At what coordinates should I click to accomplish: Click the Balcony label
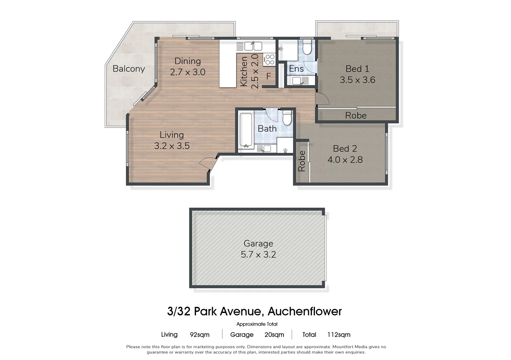point(129,69)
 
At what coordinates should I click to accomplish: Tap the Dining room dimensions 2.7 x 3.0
point(187,72)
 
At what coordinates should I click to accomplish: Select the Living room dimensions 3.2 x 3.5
point(172,146)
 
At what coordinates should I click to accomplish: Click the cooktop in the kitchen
point(269,60)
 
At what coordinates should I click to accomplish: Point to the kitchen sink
point(253,46)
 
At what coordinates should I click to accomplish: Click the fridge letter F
point(269,77)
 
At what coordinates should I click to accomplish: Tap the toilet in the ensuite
point(307,47)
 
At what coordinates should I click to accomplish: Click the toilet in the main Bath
point(287,117)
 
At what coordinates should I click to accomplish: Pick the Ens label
point(296,69)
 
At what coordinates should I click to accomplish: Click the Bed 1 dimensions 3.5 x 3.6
point(357,80)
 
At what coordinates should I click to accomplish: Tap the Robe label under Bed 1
point(356,116)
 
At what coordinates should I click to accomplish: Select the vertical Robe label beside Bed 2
point(302,161)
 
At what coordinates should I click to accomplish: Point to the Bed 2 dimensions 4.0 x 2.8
point(345,160)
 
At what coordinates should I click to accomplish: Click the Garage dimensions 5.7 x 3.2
point(258,255)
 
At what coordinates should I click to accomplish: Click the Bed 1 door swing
point(322,98)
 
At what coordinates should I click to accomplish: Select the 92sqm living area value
point(199,335)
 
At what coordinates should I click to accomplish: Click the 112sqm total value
point(339,335)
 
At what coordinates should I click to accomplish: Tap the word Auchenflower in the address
point(305,311)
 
